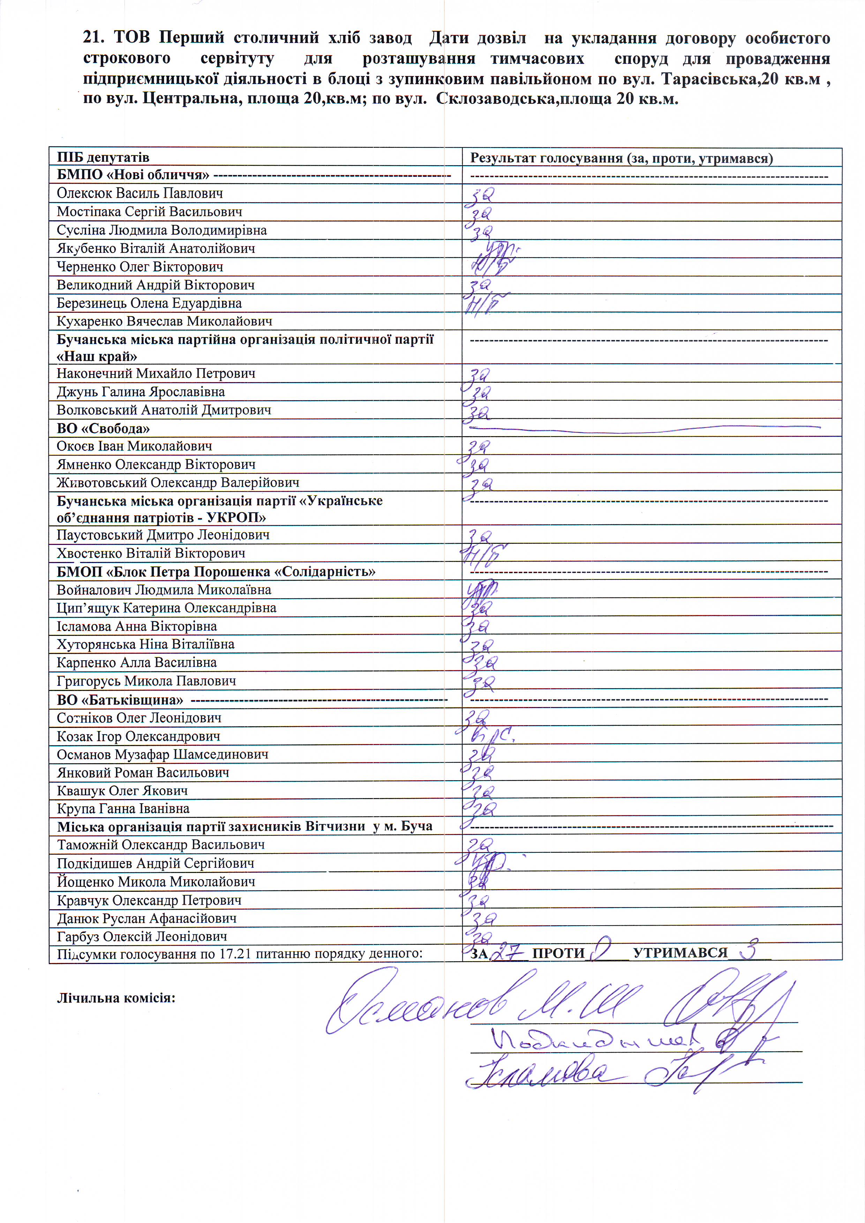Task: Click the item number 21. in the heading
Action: (x=97, y=38)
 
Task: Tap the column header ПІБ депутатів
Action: (x=103, y=157)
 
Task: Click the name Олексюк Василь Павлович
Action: (x=140, y=193)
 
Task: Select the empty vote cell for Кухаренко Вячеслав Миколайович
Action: (x=651, y=321)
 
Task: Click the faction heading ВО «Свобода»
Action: (x=103, y=428)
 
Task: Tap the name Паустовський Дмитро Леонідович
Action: (x=163, y=535)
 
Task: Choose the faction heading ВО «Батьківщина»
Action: (x=120, y=699)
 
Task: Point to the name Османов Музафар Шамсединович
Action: (x=163, y=754)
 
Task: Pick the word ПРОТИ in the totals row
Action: (x=558, y=954)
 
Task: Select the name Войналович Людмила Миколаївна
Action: (x=164, y=590)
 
